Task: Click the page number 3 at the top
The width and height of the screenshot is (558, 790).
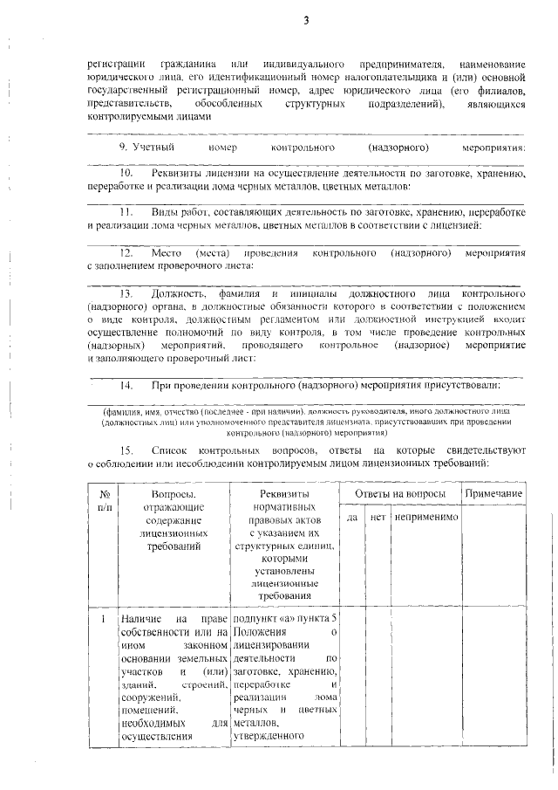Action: click(306, 20)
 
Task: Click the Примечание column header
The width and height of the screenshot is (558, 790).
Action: click(493, 494)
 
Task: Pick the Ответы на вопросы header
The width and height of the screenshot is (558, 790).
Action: click(399, 494)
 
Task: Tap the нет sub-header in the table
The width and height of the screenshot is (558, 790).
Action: click(378, 518)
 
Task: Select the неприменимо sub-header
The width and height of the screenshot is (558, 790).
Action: click(425, 518)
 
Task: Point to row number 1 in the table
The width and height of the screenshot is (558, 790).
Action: click(103, 619)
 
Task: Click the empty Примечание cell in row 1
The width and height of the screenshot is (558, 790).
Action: click(493, 681)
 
